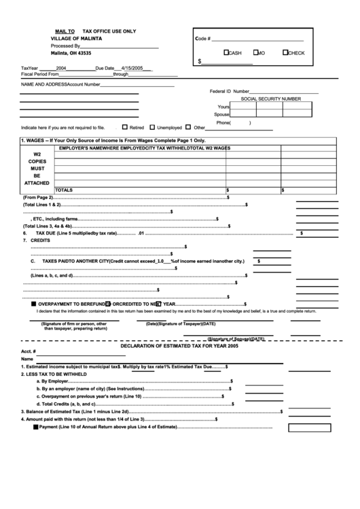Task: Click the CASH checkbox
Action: [227, 52]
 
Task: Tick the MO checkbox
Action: [255, 52]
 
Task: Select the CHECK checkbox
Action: [286, 52]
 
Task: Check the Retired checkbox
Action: [124, 126]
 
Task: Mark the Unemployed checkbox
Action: [152, 126]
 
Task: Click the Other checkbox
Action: [189, 126]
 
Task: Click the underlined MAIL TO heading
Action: [65, 31]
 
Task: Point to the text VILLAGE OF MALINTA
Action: [76, 39]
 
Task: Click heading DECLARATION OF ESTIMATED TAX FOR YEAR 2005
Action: [179, 346]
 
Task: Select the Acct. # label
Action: [29, 351]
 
